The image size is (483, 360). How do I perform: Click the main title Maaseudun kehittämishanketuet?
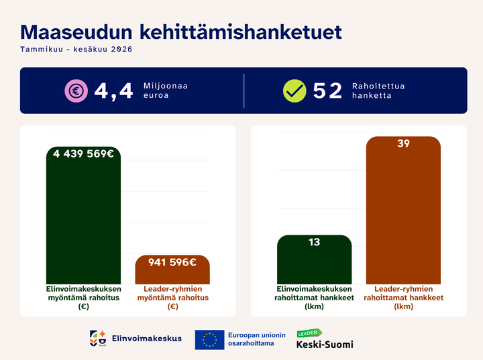point(181,32)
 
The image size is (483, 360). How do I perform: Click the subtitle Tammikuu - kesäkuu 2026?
point(76,49)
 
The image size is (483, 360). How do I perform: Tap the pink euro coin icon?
point(76,91)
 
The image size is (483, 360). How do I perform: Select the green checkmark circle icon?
point(294,91)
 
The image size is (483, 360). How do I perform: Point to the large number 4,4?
point(113,91)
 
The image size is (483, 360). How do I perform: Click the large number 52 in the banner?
point(327,91)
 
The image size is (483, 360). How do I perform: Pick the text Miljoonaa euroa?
point(166,91)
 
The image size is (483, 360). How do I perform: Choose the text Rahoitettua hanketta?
point(378,91)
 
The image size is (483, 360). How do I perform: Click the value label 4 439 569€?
point(83,154)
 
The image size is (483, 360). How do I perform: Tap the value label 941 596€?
point(172,262)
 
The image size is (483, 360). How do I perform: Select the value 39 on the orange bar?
point(404,143)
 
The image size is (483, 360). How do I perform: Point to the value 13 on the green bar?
point(315,242)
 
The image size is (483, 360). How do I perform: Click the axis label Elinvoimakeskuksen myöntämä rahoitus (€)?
point(83,298)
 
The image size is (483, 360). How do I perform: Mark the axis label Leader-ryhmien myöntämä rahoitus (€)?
point(173,298)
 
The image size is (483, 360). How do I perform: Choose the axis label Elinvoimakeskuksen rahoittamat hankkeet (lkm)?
point(314,298)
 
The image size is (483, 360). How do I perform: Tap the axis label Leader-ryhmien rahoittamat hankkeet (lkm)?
point(404,298)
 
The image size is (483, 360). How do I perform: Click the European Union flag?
point(209,340)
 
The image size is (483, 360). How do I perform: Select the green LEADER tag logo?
point(309,333)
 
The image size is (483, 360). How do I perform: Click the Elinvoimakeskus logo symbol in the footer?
point(98,339)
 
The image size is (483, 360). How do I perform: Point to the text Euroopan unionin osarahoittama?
point(256,339)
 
